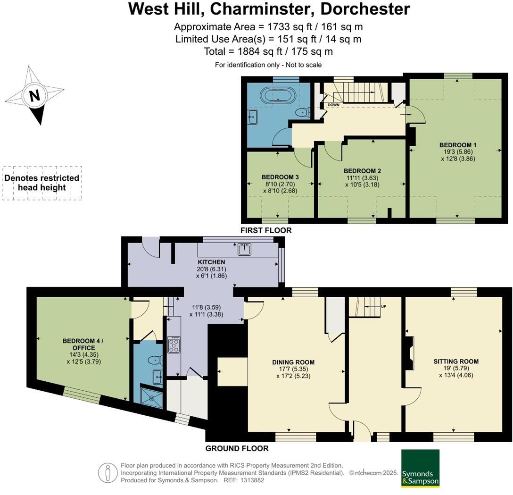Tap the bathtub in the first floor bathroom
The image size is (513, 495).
click(x=280, y=94)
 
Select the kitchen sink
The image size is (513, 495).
click(x=244, y=249)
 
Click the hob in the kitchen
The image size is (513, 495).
click(x=173, y=344)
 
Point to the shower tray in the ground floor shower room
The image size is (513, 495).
click(x=152, y=397)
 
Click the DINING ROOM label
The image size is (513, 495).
click(x=293, y=362)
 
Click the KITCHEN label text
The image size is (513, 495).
click(x=211, y=262)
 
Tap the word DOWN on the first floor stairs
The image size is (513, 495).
click(x=334, y=105)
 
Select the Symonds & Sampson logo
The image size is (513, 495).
click(x=420, y=468)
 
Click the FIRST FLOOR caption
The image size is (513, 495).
click(x=266, y=230)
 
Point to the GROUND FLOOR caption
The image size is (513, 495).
click(x=237, y=448)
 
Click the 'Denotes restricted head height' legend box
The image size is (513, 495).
click(x=42, y=183)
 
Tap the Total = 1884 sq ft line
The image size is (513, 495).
click(x=268, y=51)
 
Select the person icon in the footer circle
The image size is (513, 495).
click(x=108, y=472)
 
